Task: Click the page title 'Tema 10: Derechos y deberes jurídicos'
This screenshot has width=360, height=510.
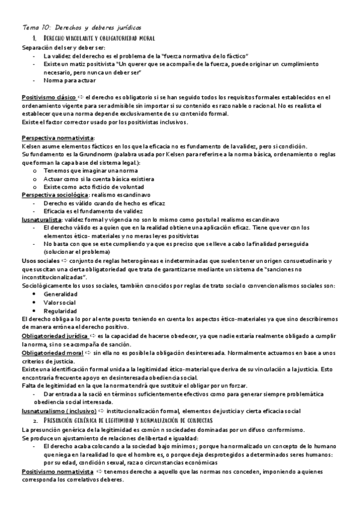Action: coord(82,28)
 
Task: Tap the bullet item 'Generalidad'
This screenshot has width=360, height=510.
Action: coord(60,294)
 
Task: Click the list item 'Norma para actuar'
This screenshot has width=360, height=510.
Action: coord(69,80)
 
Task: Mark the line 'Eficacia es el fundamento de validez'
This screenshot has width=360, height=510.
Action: coord(93,212)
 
